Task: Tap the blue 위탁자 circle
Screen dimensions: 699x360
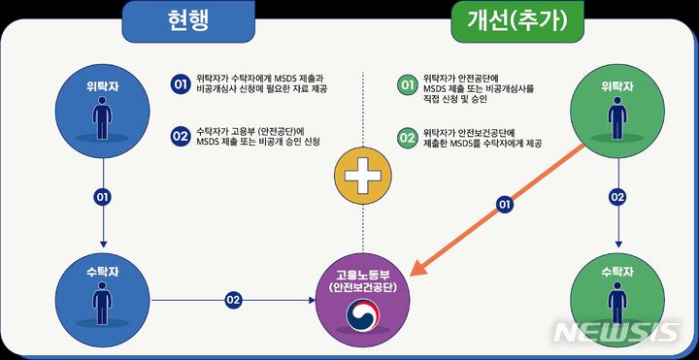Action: click(101, 107)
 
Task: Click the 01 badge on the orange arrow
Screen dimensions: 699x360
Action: click(503, 204)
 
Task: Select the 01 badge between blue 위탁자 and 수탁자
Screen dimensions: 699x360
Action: click(102, 197)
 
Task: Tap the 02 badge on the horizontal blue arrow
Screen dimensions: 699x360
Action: click(233, 300)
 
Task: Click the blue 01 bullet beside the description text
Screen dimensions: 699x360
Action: click(180, 84)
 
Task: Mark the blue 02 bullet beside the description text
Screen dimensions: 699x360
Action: click(180, 136)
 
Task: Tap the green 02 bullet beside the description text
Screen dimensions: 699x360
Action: click(408, 136)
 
